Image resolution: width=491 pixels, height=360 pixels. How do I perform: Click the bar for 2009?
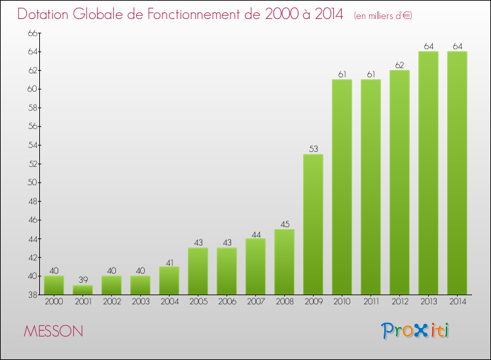[313, 224]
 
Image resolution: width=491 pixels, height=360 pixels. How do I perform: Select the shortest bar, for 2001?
[82, 289]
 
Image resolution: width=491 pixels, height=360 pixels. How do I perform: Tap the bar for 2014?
[457, 173]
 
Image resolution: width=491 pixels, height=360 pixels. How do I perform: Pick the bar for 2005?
[198, 271]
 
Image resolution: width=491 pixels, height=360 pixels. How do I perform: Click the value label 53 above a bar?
[313, 149]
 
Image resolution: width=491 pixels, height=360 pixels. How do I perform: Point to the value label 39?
[82, 280]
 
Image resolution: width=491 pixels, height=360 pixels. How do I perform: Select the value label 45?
[284, 225]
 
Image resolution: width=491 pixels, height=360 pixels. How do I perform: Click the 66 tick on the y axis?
[31, 33]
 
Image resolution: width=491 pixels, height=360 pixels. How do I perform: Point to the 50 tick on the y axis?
[31, 183]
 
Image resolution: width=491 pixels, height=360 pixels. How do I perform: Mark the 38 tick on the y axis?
[31, 295]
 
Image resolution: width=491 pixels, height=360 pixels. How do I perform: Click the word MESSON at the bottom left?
[53, 331]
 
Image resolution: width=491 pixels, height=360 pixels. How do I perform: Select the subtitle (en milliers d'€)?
[383, 16]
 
